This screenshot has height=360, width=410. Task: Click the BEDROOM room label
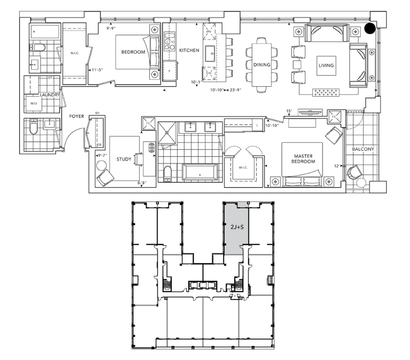point(133,52)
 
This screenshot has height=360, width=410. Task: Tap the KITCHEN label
point(189,50)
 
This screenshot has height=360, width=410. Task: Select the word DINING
point(262,65)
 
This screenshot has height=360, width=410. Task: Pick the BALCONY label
point(363,150)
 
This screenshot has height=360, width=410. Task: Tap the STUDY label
point(124,160)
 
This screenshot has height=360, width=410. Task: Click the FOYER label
point(77,116)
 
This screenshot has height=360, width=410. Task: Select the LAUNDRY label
point(50,95)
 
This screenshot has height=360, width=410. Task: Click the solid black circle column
point(370,28)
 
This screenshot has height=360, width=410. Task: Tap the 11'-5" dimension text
point(97,69)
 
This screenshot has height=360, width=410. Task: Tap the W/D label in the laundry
point(34,103)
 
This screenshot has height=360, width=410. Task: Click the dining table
point(262,65)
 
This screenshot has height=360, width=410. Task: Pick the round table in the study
point(102,165)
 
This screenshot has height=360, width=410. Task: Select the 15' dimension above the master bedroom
point(289,111)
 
